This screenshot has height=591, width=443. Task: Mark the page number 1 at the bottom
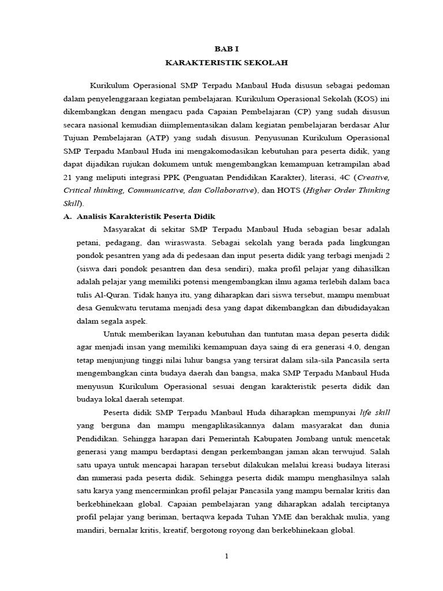pos(227,556)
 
